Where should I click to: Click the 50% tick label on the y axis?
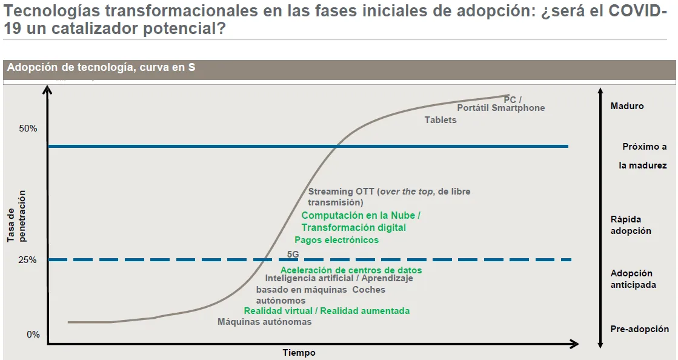[x=28, y=128]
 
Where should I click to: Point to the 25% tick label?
[x=28, y=260]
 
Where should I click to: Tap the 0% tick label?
[x=33, y=335]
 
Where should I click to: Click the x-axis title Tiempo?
[x=299, y=353]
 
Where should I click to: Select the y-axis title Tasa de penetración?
[x=16, y=216]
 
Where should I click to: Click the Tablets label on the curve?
[x=440, y=120]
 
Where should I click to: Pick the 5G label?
[x=293, y=255]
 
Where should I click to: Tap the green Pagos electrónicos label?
[x=336, y=240]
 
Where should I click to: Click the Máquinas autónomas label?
[x=265, y=322]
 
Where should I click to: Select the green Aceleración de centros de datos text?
[x=351, y=270]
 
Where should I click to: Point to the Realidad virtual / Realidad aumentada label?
[x=327, y=311]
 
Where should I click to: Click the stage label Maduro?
[x=627, y=106]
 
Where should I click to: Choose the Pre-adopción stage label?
[x=639, y=329]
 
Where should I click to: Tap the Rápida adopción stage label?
[x=630, y=225]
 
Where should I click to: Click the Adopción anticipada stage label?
[x=633, y=279]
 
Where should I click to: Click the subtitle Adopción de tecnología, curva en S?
[x=101, y=67]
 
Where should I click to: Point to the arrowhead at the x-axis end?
[x=574, y=344]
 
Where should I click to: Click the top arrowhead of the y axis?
[x=48, y=90]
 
